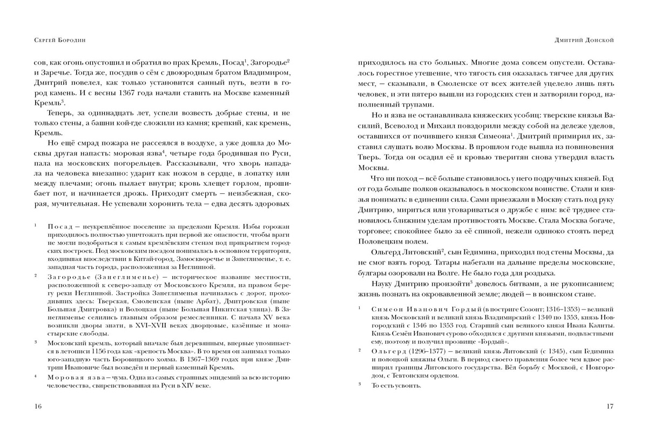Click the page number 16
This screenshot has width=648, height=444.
click(37, 407)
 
